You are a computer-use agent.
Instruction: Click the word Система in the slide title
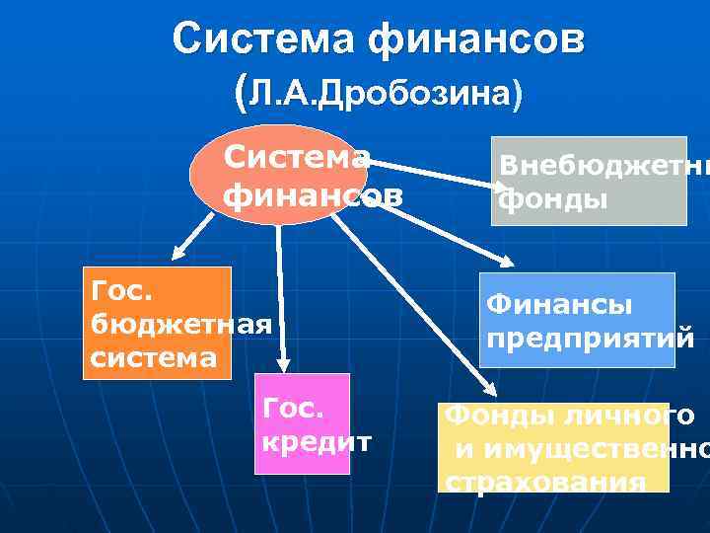point(265,39)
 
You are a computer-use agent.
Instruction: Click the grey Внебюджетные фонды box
point(589,181)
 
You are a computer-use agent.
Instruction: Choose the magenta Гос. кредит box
point(302,423)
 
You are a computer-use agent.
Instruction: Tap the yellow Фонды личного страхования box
point(554,447)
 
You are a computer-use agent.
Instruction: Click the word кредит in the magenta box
point(316,440)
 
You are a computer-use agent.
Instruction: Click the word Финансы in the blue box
point(558,306)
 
